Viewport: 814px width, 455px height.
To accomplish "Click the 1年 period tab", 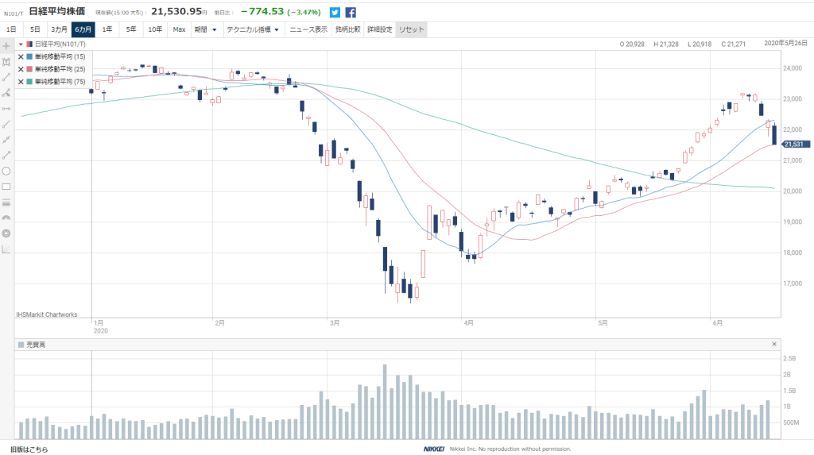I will point(107,29).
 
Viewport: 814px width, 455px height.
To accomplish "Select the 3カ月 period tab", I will point(60,29).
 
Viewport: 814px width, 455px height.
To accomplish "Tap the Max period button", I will point(179,29).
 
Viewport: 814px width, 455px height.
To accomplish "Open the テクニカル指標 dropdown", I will point(253,29).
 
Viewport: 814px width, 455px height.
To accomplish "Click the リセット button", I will point(412,29).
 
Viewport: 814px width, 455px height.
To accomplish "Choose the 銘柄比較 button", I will point(347,29).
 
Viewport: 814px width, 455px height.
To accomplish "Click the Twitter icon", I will point(335,12).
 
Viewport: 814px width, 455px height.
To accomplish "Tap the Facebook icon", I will point(351,12).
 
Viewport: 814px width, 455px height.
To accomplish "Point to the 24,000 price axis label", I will point(791,68).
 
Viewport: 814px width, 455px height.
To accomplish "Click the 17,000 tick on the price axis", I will point(791,283).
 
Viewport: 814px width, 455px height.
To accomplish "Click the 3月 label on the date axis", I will point(334,323).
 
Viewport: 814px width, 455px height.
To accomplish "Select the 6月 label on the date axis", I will point(717,323).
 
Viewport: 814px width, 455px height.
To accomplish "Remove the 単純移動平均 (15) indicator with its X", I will point(21,56).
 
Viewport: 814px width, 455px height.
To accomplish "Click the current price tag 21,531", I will point(794,144).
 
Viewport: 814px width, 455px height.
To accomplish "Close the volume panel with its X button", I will point(774,344).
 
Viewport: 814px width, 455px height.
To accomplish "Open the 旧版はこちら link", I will point(29,449).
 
